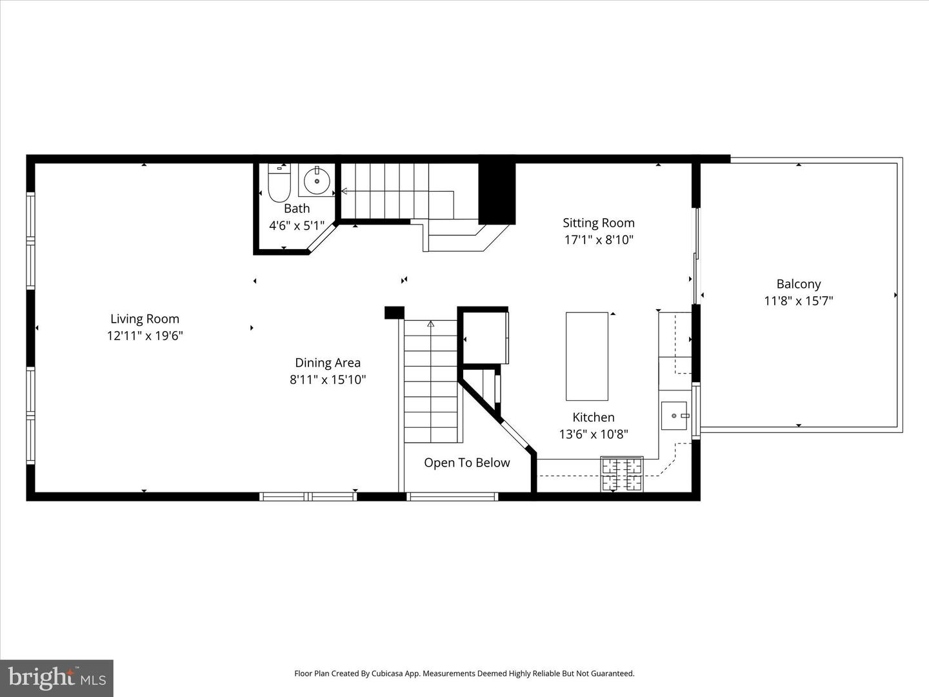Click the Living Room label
tap(145, 319)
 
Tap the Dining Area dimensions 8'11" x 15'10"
tap(328, 379)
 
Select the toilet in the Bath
tap(279, 183)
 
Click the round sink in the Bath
tap(316, 180)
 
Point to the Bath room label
tap(297, 208)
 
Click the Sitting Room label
tap(599, 223)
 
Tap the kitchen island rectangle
tap(587, 356)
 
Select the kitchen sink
tap(674, 416)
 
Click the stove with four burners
tap(622, 474)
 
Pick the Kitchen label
tap(594, 418)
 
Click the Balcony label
tap(799, 284)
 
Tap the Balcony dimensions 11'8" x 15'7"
tap(799, 301)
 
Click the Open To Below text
tap(467, 463)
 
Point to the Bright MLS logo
tap(57, 678)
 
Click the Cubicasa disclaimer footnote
tap(464, 673)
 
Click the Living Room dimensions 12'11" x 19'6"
tap(145, 336)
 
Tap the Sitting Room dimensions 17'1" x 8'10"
tap(599, 239)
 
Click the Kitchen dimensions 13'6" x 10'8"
tap(594, 434)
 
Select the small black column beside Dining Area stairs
tap(394, 313)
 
